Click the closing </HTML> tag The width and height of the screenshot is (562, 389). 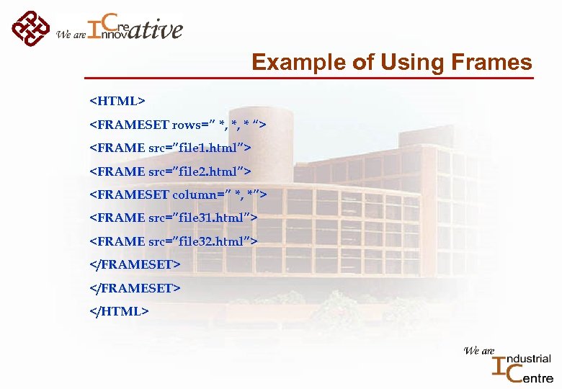[119, 310]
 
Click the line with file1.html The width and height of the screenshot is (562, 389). [170, 148]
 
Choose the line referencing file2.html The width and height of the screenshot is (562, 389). [170, 171]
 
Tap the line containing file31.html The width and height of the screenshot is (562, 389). [173, 218]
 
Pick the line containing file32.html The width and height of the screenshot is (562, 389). [173, 241]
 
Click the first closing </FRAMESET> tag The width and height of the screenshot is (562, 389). [134, 264]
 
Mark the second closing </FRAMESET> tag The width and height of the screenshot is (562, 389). [134, 287]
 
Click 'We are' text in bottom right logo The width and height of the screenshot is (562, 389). [478, 351]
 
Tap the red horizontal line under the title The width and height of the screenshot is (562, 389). [310, 77]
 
